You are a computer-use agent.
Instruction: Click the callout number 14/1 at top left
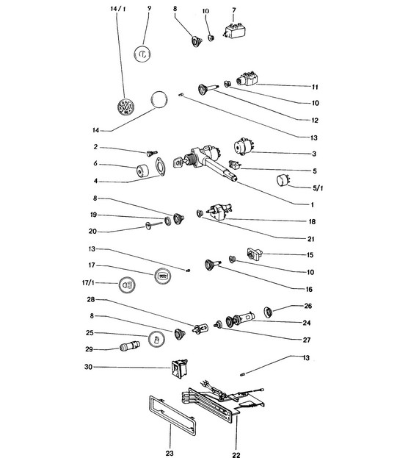[118, 9]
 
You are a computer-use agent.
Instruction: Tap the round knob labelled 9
[142, 54]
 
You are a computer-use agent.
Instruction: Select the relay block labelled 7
[235, 31]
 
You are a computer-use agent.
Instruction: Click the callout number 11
[315, 87]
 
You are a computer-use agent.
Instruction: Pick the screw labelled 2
[152, 153]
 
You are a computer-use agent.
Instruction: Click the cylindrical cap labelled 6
[142, 171]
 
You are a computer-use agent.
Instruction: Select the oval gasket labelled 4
[161, 167]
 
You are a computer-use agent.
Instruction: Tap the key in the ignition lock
[178, 162]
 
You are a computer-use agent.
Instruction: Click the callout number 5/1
[318, 187]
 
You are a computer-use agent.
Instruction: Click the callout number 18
[312, 222]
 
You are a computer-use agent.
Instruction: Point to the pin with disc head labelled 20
[153, 225]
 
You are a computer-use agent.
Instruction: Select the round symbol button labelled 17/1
[127, 285]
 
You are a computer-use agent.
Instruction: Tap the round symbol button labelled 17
[163, 276]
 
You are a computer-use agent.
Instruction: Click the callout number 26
[308, 306]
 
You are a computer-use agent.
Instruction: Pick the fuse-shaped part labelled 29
[130, 346]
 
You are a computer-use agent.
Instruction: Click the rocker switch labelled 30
[179, 369]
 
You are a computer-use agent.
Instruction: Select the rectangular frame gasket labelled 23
[172, 415]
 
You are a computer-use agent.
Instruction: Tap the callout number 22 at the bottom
[236, 454]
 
